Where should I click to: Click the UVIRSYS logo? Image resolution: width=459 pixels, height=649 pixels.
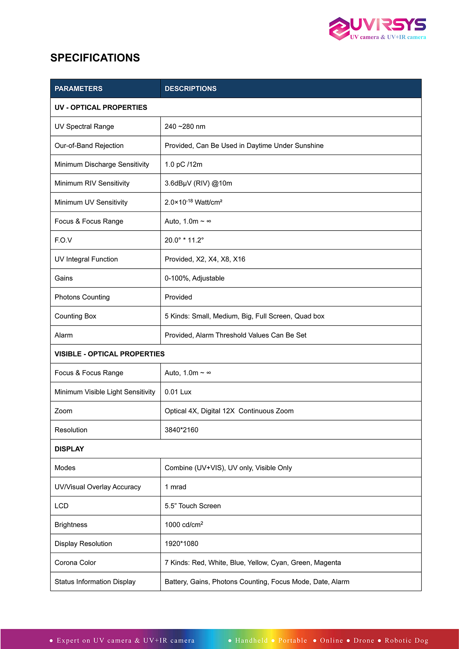[377, 28]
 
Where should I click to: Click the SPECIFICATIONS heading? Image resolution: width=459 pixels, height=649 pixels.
[95, 58]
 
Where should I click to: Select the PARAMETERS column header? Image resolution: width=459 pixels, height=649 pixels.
[78, 89]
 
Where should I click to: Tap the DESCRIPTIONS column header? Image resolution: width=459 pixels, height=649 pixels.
[190, 89]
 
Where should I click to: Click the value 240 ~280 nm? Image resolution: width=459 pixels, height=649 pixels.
[185, 127]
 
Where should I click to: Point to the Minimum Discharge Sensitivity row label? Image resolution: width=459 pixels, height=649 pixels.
[102, 164]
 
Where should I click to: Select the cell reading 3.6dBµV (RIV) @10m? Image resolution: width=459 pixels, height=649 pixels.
[198, 183]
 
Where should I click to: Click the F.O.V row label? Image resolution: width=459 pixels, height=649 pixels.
[63, 240]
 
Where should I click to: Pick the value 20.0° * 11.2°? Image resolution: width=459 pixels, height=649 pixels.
[184, 240]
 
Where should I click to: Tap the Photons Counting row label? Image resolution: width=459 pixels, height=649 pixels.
[82, 297]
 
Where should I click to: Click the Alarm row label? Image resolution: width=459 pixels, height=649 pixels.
[63, 335]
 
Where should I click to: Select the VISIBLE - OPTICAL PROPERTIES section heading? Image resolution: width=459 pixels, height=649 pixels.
[109, 354]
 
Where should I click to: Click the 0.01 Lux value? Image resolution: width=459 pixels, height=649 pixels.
[178, 392]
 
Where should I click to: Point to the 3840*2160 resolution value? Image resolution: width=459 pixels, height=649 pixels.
[181, 430]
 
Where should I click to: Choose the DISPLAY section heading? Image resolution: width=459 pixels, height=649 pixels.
[69, 449]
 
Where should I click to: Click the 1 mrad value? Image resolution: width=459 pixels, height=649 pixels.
[175, 487]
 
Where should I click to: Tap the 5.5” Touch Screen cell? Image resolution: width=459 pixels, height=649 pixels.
[193, 506]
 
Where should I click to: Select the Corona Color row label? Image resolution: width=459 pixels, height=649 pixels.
[75, 563]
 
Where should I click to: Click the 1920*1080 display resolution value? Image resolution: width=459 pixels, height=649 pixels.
[181, 544]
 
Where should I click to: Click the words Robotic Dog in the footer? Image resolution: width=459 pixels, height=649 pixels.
[406, 640]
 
